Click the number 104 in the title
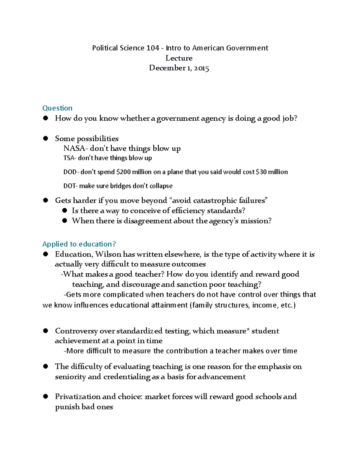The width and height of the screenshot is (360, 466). (153, 48)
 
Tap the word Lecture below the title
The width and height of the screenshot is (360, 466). (179, 58)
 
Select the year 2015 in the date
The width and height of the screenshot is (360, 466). (201, 68)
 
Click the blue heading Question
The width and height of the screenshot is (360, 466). (57, 108)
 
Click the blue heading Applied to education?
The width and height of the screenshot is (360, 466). (79, 244)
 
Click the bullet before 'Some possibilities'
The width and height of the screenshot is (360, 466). (46, 138)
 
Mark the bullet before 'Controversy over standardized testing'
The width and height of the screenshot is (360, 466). (46, 331)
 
